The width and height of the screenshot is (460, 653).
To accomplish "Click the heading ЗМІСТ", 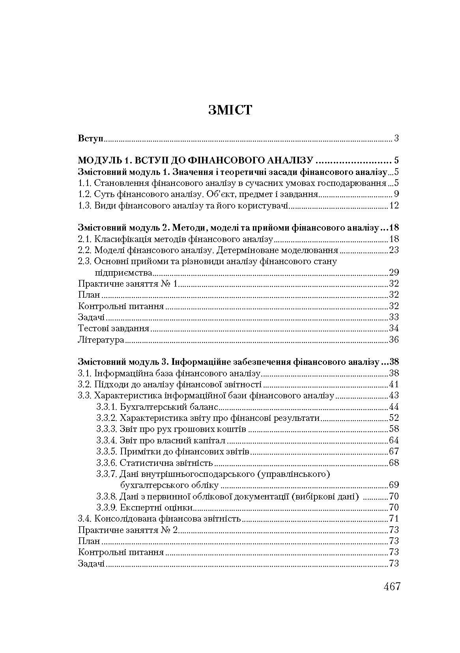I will point(230,110).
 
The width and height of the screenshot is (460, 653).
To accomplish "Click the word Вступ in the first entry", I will point(91,139).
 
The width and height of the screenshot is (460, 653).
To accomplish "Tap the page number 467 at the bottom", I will point(392,587).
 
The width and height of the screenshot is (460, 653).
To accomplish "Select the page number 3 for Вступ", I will point(396,139).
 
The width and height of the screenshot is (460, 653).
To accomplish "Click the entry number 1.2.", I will point(85,194).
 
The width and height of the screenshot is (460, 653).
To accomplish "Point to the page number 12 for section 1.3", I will point(394,205).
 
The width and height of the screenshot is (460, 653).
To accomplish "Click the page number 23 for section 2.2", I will point(394,250).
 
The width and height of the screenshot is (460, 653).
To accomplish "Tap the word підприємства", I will point(123,272).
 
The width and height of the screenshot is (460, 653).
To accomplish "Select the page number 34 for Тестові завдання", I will point(394,328).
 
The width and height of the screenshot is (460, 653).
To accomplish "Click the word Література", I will point(101,340).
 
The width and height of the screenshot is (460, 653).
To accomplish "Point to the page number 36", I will point(394,340).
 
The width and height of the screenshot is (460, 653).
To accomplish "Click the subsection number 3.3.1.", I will point(107,407).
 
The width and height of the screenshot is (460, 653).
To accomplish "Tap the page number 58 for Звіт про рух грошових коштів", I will point(394,429).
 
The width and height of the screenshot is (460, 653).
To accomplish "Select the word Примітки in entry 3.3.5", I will point(137,451).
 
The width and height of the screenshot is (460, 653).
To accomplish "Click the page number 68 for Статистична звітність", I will point(394,463).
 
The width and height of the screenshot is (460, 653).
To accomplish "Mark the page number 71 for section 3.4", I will point(394,518).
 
